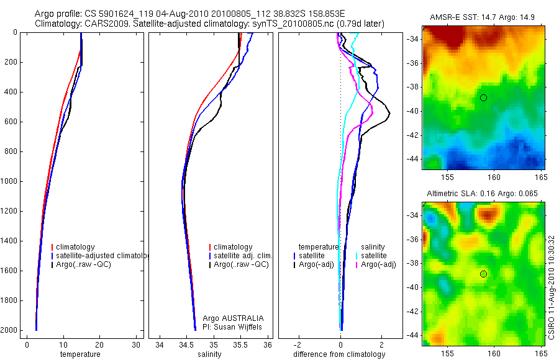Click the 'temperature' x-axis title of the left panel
pyautogui.click(x=80, y=354)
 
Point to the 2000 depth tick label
pyautogui.click(x=10, y=330)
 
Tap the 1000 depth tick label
pyautogui.click(x=10, y=181)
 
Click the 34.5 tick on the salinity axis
pyautogui.click(x=186, y=345)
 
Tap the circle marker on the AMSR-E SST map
pyautogui.click(x=483, y=98)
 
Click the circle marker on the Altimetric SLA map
pyautogui.click(x=483, y=274)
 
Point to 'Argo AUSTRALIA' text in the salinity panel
pyautogui.click(x=229, y=318)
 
